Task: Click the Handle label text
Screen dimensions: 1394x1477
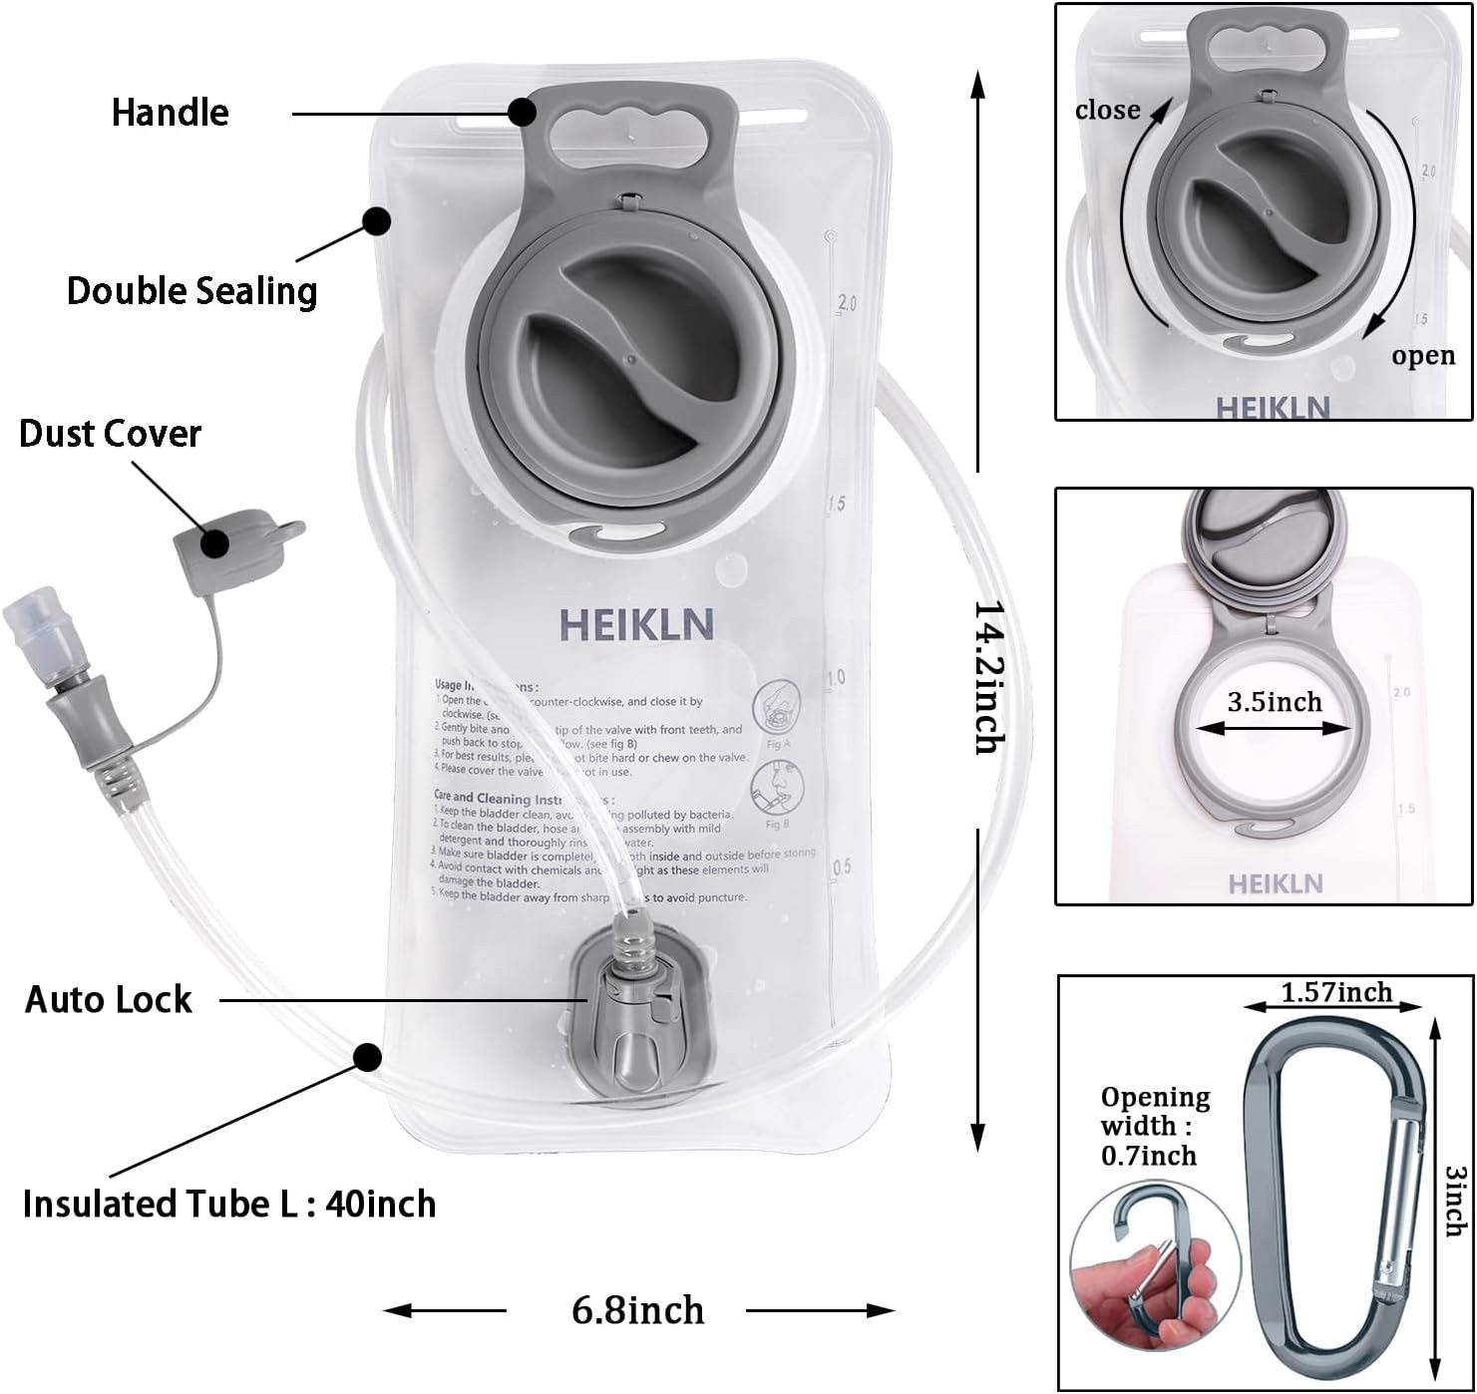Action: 170,113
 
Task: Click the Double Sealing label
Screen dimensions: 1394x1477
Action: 191,291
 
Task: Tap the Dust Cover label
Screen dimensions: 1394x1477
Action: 110,434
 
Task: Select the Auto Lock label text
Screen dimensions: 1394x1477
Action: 108,1000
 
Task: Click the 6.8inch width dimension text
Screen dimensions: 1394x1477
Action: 637,1309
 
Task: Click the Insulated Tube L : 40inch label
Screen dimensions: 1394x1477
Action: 228,1205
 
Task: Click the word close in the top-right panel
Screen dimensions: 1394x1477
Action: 1107,110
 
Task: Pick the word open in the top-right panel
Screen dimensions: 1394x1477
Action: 1423,356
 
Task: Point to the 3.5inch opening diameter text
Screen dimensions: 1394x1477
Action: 1274,702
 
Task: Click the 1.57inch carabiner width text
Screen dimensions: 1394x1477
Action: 1335,992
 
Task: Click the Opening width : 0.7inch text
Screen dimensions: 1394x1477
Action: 1154,1126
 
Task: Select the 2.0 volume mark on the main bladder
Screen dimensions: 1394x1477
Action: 847,303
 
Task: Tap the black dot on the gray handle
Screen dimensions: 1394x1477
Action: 522,112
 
